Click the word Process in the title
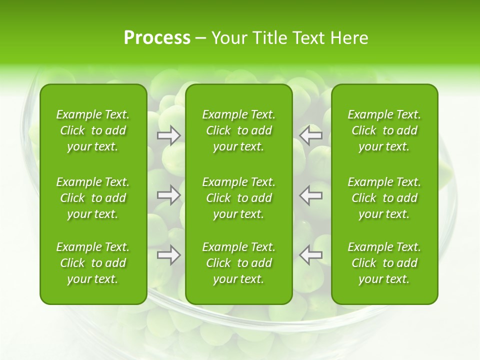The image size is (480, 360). pyautogui.click(x=157, y=38)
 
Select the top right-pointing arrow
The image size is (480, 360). pyautogui.click(x=168, y=135)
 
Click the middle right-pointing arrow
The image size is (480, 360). pyautogui.click(x=168, y=195)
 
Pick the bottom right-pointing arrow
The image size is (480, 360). pyautogui.click(x=168, y=254)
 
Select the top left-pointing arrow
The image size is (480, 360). pyautogui.click(x=310, y=135)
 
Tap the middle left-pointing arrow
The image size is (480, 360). pyautogui.click(x=310, y=195)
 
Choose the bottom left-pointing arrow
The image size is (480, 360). pyautogui.click(x=310, y=254)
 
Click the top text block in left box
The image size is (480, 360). pyautogui.click(x=93, y=130)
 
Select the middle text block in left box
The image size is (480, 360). pyautogui.click(x=93, y=198)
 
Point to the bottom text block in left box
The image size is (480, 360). pyautogui.click(x=93, y=263)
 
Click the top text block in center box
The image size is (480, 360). pyautogui.click(x=238, y=130)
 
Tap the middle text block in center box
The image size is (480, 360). pyautogui.click(x=238, y=198)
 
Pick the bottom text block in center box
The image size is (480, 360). pyautogui.click(x=238, y=263)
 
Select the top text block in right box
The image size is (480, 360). pyautogui.click(x=384, y=130)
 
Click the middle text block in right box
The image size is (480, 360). pyautogui.click(x=384, y=198)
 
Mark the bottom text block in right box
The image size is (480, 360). pyautogui.click(x=384, y=263)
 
